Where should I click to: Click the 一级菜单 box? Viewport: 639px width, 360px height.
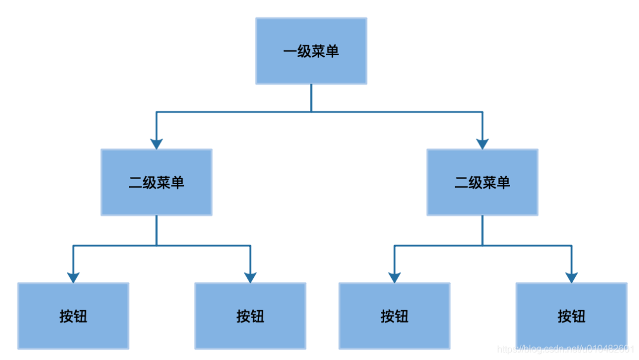pyautogui.click(x=311, y=51)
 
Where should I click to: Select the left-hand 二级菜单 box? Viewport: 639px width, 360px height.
pyautogui.click(x=156, y=182)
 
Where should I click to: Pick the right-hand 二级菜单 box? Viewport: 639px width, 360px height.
pyautogui.click(x=482, y=182)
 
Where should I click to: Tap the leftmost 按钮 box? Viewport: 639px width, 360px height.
pyautogui.click(x=73, y=316)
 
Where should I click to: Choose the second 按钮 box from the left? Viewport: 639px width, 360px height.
pyautogui.click(x=250, y=316)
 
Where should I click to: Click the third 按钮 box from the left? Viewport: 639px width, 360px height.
pyautogui.click(x=395, y=316)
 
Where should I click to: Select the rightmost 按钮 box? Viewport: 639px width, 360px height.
pyautogui.click(x=571, y=316)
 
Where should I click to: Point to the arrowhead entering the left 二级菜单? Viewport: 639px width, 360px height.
pyautogui.click(x=156, y=143)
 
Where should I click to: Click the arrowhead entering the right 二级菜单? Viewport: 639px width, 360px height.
pyautogui.click(x=482, y=143)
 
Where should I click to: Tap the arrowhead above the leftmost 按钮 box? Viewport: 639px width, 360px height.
pyautogui.click(x=73, y=277)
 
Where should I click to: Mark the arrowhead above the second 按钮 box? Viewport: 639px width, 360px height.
pyautogui.click(x=250, y=277)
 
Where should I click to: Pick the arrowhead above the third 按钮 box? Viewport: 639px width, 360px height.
pyautogui.click(x=395, y=277)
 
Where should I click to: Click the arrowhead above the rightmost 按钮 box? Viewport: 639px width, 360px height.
pyautogui.click(x=571, y=277)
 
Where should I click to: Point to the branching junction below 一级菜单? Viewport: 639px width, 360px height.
pyautogui.click(x=311, y=111)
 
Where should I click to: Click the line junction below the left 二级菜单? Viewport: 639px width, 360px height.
pyautogui.click(x=156, y=245)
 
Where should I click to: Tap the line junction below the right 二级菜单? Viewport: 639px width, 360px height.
pyautogui.click(x=482, y=245)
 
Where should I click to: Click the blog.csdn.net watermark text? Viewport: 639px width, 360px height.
pyautogui.click(x=565, y=350)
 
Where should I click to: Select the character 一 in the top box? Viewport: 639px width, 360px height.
pyautogui.click(x=290, y=52)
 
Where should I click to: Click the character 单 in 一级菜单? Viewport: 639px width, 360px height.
pyautogui.click(x=333, y=52)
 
